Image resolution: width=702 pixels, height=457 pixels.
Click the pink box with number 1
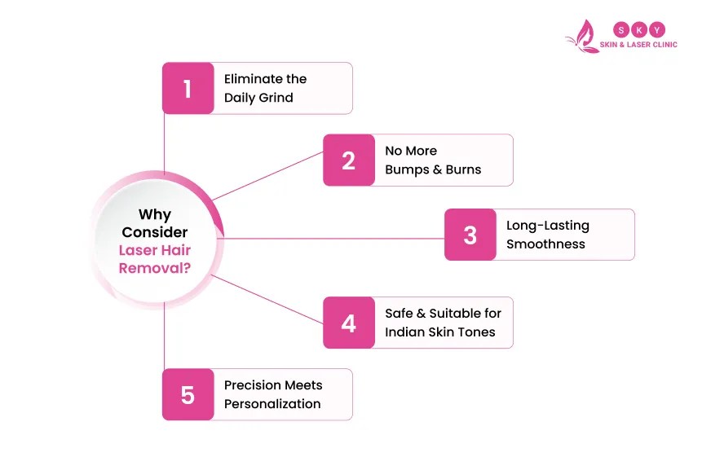[188, 88]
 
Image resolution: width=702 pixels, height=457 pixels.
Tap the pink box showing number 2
[349, 160]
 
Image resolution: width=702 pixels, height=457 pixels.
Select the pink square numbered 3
[470, 235]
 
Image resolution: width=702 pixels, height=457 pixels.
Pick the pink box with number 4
[349, 323]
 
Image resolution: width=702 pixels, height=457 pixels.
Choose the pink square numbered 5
[188, 394]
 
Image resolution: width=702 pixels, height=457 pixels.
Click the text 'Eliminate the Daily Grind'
[266, 88]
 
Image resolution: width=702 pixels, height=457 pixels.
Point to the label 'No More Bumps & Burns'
[433, 160]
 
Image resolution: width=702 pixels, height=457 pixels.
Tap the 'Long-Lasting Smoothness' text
[547, 235]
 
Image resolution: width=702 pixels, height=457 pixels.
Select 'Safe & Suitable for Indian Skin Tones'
[443, 323]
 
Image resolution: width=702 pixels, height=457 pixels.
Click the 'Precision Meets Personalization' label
[272, 394]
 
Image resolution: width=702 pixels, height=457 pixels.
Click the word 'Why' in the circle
[155, 214]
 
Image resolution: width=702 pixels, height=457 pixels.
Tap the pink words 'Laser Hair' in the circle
[155, 250]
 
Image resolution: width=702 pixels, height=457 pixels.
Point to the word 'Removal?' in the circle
[155, 268]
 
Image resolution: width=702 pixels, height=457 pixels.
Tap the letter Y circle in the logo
[657, 29]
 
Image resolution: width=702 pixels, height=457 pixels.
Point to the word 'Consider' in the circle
[155, 232]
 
